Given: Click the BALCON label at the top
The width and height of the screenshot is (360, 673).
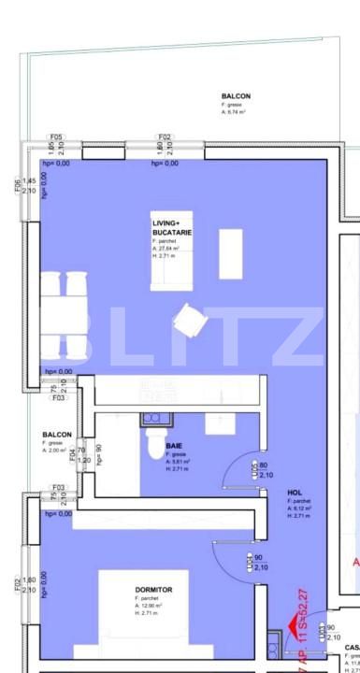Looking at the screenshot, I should [236, 96].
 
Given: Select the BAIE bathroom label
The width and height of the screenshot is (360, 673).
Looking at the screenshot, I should [174, 446].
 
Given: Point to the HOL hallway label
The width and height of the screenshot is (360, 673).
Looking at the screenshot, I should [295, 493].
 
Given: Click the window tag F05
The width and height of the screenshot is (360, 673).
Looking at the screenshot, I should [57, 136].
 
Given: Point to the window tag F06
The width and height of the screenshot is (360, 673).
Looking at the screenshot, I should [18, 185].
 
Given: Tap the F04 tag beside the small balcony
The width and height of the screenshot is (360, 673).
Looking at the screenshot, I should [83, 450].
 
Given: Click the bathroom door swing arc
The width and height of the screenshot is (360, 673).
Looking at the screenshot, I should [244, 467].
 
